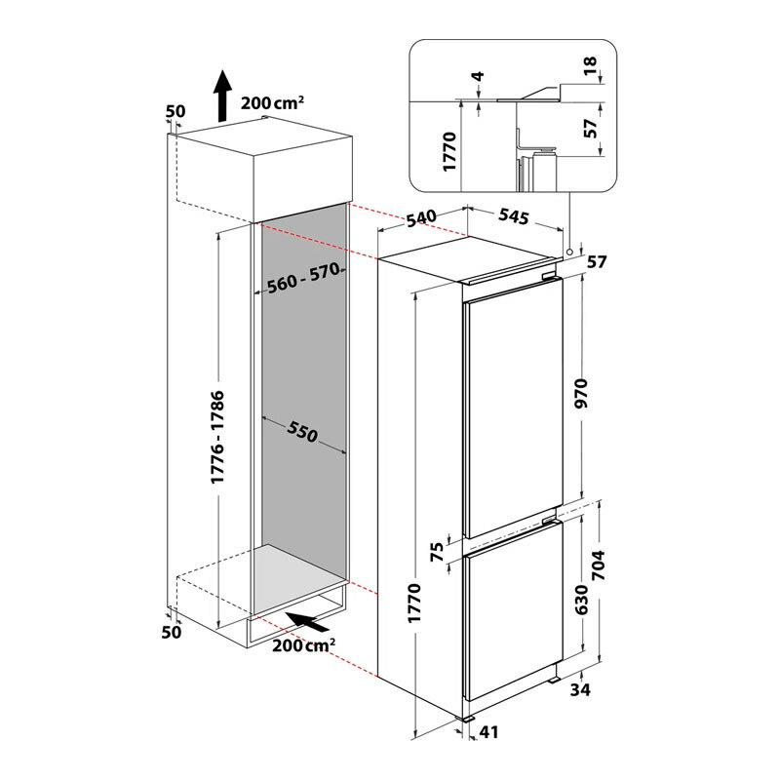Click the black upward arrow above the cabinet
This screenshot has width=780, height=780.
click(222, 96)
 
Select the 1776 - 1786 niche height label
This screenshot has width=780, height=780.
click(217, 437)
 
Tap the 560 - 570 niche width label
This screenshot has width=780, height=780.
click(303, 278)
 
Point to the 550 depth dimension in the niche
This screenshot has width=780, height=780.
click(302, 431)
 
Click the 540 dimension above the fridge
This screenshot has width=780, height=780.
click(421, 218)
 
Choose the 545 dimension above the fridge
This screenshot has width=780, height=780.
click(514, 216)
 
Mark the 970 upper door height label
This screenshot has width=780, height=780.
click(580, 393)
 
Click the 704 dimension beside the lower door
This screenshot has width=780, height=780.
click(598, 565)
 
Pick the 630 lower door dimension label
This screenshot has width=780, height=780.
click(580, 600)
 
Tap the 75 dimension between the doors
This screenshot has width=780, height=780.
click(436, 552)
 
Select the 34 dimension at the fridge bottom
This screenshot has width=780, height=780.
click(580, 689)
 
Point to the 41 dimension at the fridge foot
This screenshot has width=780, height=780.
click(488, 732)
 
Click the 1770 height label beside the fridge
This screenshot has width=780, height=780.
click(414, 603)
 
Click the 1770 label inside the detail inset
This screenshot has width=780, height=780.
click(449, 151)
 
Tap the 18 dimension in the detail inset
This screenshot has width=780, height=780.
click(590, 65)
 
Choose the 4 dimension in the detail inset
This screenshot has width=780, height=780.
click(478, 76)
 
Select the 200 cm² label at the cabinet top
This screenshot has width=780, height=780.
click(273, 102)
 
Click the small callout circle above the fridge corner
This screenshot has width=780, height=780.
click(569, 252)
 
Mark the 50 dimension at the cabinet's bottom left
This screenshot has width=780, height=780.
click(172, 632)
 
